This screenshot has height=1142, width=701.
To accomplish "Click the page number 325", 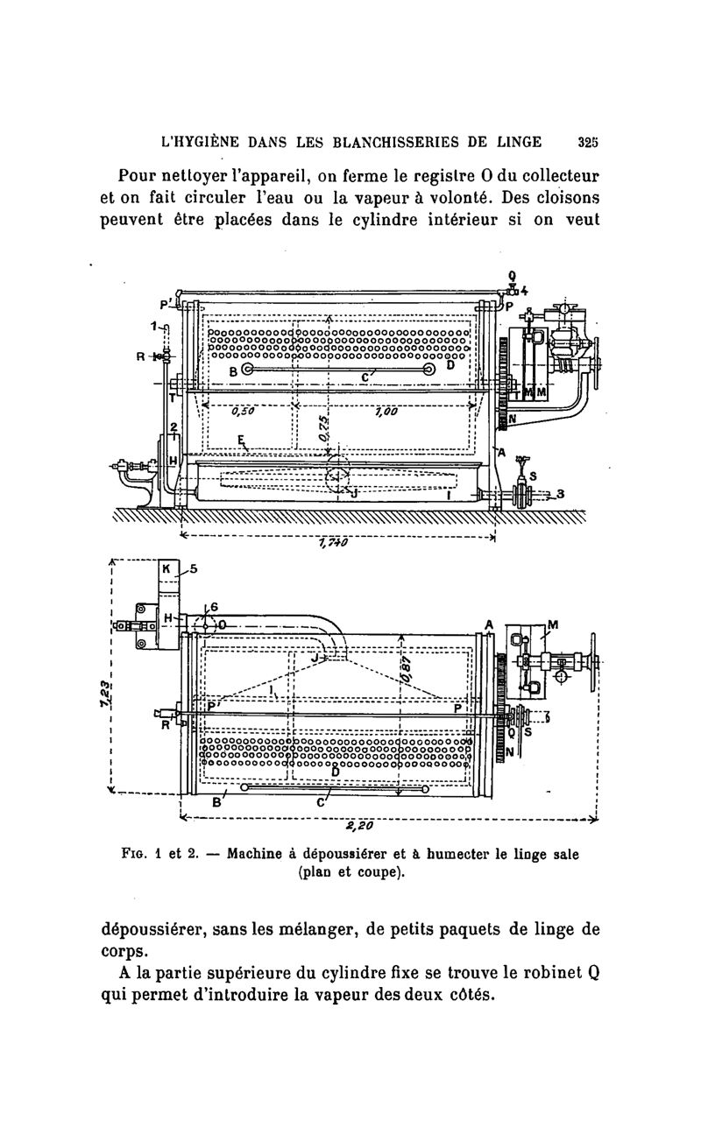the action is pos(588,142).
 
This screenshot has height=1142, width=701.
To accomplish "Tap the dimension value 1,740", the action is pos(333,544).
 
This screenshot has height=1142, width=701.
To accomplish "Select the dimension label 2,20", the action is pos(360,825).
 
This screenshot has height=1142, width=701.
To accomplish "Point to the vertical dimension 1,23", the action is pos(105,694).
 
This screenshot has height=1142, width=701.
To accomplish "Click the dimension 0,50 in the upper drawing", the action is pos(243,411).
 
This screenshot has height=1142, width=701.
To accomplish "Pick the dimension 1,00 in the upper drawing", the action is pos(386,411).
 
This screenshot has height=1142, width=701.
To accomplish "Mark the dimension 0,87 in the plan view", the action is pos(406,669).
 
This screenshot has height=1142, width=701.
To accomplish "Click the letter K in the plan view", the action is pos(166,568).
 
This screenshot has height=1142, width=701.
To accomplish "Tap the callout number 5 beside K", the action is pos(194,568).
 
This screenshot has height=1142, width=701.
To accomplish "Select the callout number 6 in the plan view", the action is pos(214,607).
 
